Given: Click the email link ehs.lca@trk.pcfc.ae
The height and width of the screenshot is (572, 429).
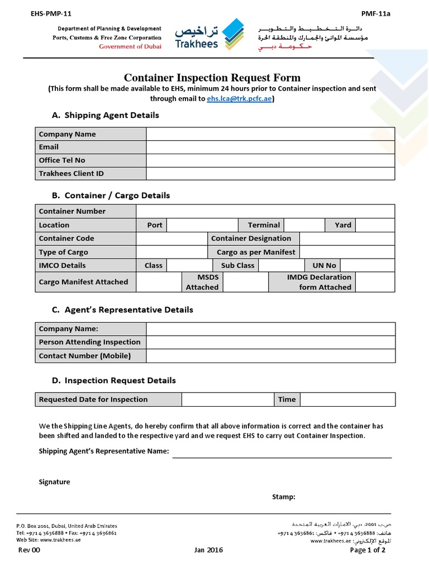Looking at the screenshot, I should (x=240, y=98).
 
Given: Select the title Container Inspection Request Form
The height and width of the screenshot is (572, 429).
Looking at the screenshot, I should (x=212, y=78).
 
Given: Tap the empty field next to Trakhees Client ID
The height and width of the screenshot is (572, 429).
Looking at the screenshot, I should (x=270, y=174).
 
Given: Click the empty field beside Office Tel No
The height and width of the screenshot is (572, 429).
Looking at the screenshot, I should (x=270, y=160).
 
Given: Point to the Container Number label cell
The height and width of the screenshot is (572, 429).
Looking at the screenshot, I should (x=85, y=211).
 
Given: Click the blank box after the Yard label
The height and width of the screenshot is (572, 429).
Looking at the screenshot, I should (x=375, y=225).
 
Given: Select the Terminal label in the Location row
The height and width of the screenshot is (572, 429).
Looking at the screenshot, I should (x=264, y=225).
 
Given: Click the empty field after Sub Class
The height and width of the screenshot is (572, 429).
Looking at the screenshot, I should (x=282, y=265).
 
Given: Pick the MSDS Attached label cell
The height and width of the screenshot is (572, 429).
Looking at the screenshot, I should (x=202, y=282).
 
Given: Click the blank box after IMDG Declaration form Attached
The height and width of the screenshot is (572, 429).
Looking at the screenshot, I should (x=375, y=282).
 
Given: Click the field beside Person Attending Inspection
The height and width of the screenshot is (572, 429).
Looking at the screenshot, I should (x=270, y=342).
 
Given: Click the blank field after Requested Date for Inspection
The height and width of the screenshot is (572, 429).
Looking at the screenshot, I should (x=227, y=399).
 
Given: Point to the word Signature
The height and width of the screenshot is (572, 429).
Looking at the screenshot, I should (x=54, y=482).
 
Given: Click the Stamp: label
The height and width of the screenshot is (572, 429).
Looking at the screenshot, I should (x=284, y=497).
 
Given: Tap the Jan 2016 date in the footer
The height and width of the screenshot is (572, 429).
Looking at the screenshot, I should (x=208, y=550).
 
